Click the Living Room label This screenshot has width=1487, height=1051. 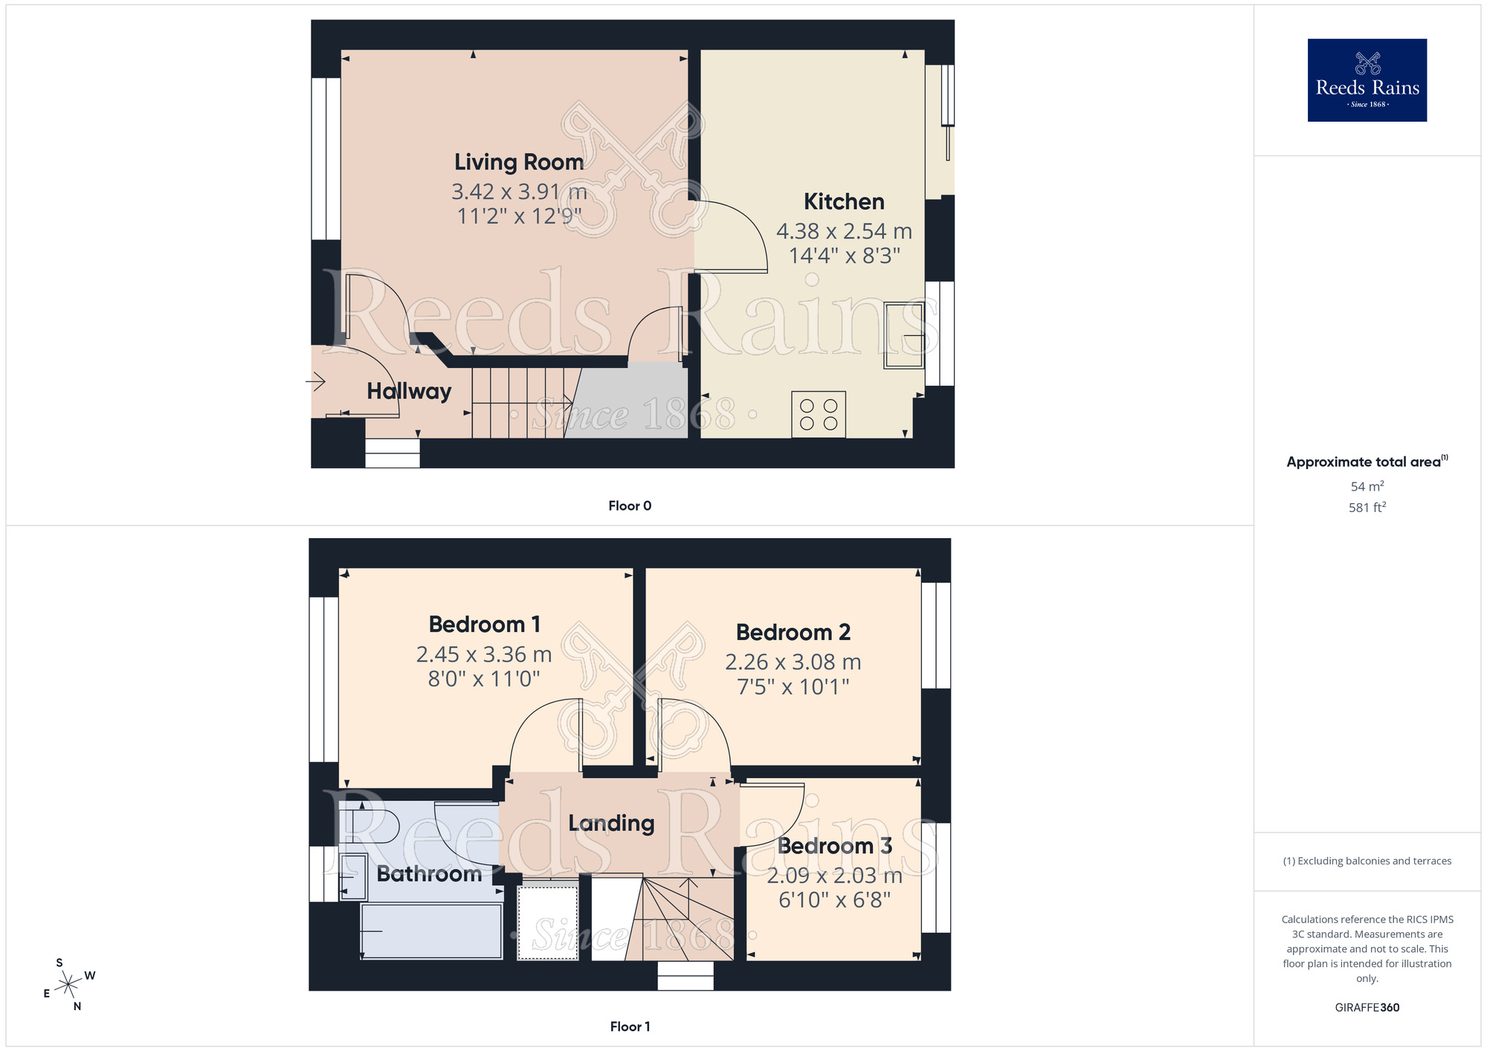519,162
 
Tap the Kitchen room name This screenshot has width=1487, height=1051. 844,201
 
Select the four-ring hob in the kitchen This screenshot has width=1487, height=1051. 819,415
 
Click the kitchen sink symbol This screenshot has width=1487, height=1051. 903,335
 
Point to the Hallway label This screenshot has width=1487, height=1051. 409,391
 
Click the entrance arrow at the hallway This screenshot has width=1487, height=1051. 316,382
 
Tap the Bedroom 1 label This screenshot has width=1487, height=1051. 484,624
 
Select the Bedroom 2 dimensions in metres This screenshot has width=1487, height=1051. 793,662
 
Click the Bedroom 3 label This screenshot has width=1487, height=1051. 834,846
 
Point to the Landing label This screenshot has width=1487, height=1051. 611,823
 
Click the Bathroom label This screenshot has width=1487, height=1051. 429,873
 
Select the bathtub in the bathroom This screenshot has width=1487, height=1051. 431,931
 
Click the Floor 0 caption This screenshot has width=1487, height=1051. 630,505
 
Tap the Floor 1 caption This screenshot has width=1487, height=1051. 630,1026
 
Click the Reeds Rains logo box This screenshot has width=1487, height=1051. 1367,80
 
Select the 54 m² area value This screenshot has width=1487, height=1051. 1367,486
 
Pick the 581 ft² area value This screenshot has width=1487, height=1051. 1367,508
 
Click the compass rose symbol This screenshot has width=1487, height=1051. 68,984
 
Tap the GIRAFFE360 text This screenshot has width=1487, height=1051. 1367,1008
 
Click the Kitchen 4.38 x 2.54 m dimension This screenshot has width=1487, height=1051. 844,231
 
